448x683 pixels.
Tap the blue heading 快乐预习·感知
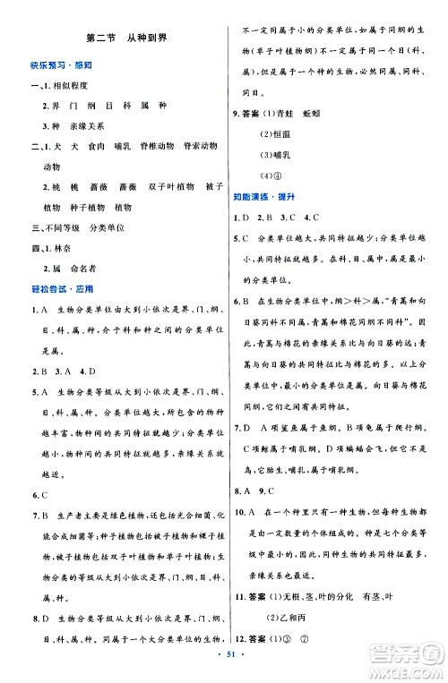tap(55, 65)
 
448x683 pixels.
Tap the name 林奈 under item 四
tap(62, 252)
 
